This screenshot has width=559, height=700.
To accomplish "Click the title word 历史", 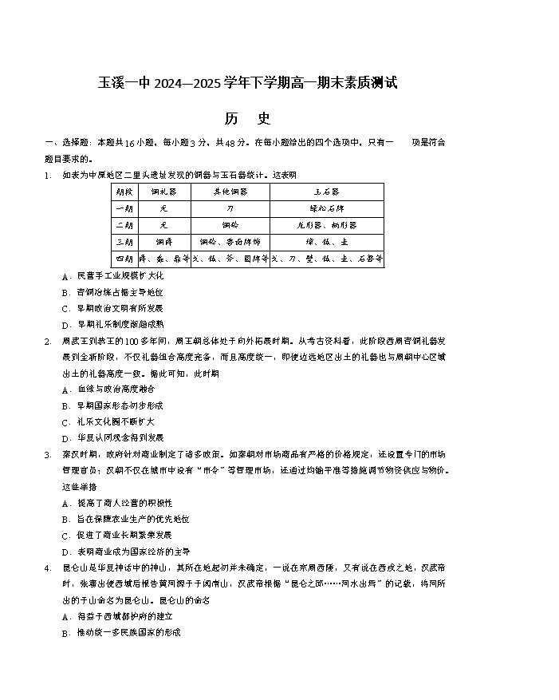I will [x=247, y=119].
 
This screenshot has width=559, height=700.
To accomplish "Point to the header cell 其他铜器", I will [x=230, y=192].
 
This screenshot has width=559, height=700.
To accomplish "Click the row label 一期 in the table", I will [x=123, y=208].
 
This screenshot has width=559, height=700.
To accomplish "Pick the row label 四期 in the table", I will [x=123, y=259].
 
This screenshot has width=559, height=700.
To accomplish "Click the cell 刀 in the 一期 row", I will [x=230, y=208].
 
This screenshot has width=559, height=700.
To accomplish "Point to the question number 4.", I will [x=48, y=568].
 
